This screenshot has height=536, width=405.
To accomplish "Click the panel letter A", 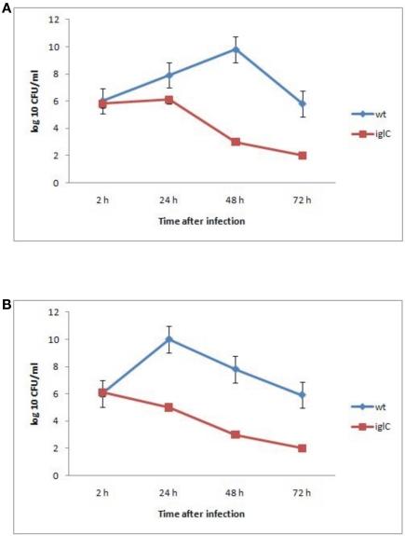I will (7, 7).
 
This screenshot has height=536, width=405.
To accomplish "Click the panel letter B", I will (7, 303).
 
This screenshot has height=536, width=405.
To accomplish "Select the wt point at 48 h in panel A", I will (236, 49).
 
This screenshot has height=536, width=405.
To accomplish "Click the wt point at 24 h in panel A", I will (169, 76).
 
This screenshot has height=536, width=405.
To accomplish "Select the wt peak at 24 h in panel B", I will (169, 339).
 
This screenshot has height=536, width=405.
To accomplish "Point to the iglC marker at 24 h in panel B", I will (169, 407).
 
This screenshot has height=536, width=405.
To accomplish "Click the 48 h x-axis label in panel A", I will (236, 198).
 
